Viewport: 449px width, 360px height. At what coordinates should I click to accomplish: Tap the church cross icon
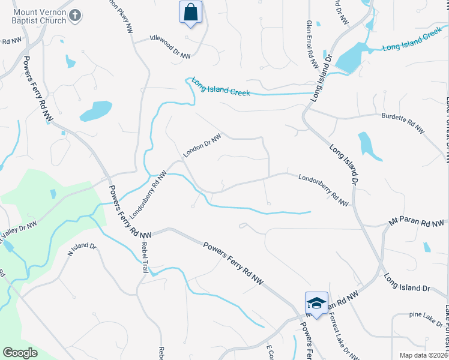click(x=75, y=16)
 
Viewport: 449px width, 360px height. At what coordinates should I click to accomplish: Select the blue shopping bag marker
click(x=190, y=13)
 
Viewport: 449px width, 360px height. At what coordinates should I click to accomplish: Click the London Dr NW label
click(x=202, y=145)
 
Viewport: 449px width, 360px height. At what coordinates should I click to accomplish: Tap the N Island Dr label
click(x=82, y=251)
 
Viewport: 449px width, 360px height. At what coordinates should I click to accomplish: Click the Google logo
click(x=20, y=353)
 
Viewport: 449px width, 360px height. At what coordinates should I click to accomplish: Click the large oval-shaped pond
click(x=95, y=111)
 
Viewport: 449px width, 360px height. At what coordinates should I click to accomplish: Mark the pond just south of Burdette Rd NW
click(x=369, y=146)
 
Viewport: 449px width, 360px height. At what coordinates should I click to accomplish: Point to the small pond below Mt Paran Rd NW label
click(x=426, y=247)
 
